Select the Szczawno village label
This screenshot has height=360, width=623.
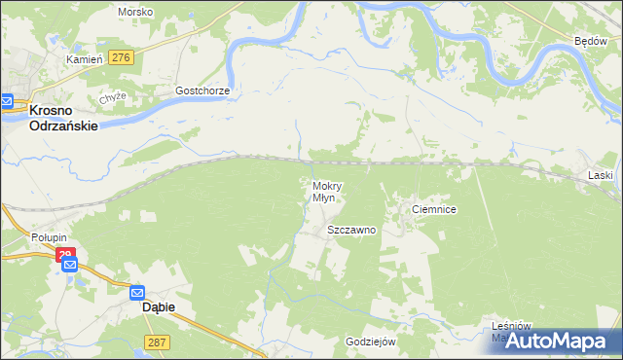(351, 231)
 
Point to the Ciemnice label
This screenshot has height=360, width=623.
(434, 209)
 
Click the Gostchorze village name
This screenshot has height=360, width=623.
(202, 90)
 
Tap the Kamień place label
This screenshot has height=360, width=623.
(84, 59)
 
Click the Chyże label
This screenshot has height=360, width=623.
(114, 98)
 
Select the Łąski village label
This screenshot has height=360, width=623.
(600, 175)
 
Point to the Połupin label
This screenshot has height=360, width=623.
(47, 238)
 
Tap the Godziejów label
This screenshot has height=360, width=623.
(370, 342)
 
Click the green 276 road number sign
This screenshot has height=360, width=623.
(121, 58)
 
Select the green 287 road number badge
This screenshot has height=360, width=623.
(157, 342)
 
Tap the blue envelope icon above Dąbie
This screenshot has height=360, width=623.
(137, 291)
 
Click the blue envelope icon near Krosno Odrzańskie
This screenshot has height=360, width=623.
(7, 100)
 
